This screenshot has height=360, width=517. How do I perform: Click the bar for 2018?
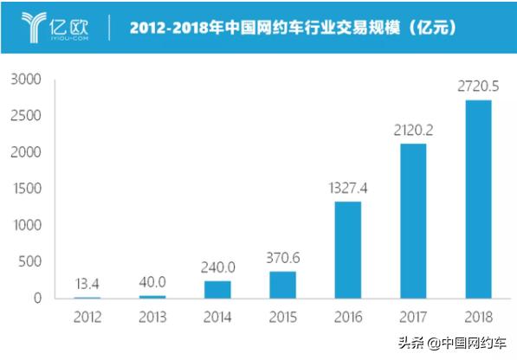(479, 199)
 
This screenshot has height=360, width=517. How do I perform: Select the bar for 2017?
(413, 221)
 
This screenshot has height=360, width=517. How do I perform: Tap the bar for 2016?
(347, 250)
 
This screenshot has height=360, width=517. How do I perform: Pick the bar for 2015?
(282, 285)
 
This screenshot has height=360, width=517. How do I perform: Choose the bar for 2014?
(216, 290)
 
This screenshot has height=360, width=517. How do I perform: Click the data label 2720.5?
(479, 87)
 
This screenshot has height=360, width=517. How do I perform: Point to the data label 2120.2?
(413, 131)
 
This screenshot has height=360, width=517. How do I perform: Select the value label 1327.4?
(347, 189)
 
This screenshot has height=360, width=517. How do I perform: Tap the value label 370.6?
(282, 259)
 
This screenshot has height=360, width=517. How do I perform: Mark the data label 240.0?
(216, 268)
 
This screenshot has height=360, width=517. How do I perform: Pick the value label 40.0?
(152, 283)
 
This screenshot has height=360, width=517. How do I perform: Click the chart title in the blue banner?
(294, 27)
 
